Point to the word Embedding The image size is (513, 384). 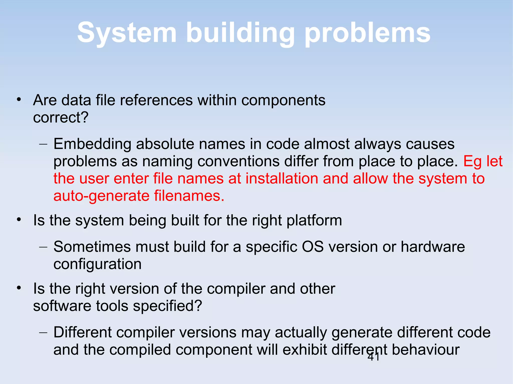pyautogui.click(x=92, y=144)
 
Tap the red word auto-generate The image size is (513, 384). pyautogui.click(x=101, y=196)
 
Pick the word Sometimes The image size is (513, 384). pyautogui.click(x=92, y=247)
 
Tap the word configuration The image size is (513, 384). pyautogui.click(x=97, y=264)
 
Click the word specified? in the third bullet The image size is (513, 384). pyautogui.click(x=167, y=306)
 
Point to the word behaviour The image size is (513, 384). pyautogui.click(x=426, y=349)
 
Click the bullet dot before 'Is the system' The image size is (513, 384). pyautogui.click(x=19, y=220)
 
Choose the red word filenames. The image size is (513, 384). pyautogui.click(x=189, y=196)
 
